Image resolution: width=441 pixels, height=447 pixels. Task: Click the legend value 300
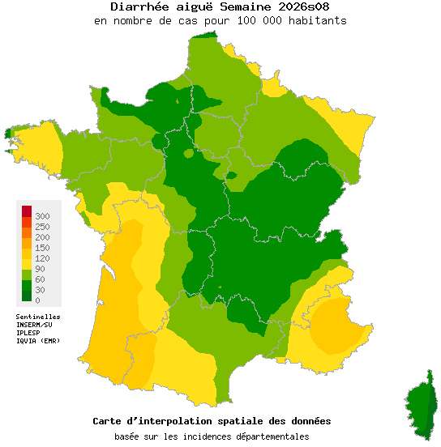pos(42,216)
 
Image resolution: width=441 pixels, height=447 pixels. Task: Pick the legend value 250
pos(42,227)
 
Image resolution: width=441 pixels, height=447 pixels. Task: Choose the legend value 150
pos(42,248)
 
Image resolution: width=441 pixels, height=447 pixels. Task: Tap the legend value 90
pos(40,269)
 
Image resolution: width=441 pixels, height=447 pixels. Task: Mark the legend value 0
pos(37,300)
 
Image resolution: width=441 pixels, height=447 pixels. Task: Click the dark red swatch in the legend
pos(27,211)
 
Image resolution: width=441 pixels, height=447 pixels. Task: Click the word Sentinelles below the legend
pos(38,317)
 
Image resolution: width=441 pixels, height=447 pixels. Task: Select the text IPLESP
pos(29,332)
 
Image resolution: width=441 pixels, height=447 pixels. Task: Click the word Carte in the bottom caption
pos(108,421)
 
